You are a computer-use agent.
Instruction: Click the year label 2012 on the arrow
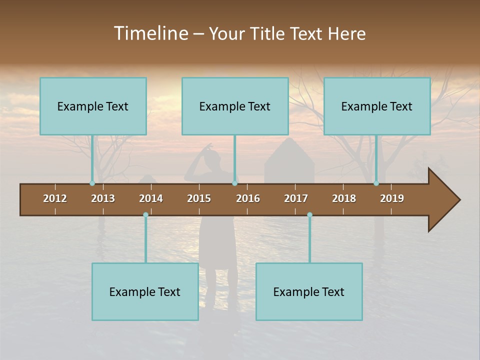coord(55,198)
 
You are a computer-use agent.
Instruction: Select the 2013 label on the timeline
coord(103,198)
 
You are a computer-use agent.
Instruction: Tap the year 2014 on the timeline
coord(151,198)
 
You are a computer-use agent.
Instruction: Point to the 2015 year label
coord(199,198)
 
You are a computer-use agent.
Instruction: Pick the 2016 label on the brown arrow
coord(248,198)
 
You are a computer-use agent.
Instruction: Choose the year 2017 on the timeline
coord(296,198)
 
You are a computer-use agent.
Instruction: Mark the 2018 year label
coord(344,198)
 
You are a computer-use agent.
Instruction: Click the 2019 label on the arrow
coord(392,198)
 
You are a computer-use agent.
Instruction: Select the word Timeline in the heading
coord(150,33)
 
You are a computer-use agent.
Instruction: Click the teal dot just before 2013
coord(92,183)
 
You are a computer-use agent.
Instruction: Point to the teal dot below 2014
coord(145,215)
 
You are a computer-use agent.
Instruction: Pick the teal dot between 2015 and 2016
coord(234,183)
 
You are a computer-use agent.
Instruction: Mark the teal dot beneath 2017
coord(309,215)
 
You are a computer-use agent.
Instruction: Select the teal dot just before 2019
coord(376,183)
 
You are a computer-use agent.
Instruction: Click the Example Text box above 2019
coord(377,106)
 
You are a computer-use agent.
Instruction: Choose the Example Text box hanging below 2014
coord(145,292)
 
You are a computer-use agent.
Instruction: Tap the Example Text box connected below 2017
coord(309,292)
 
